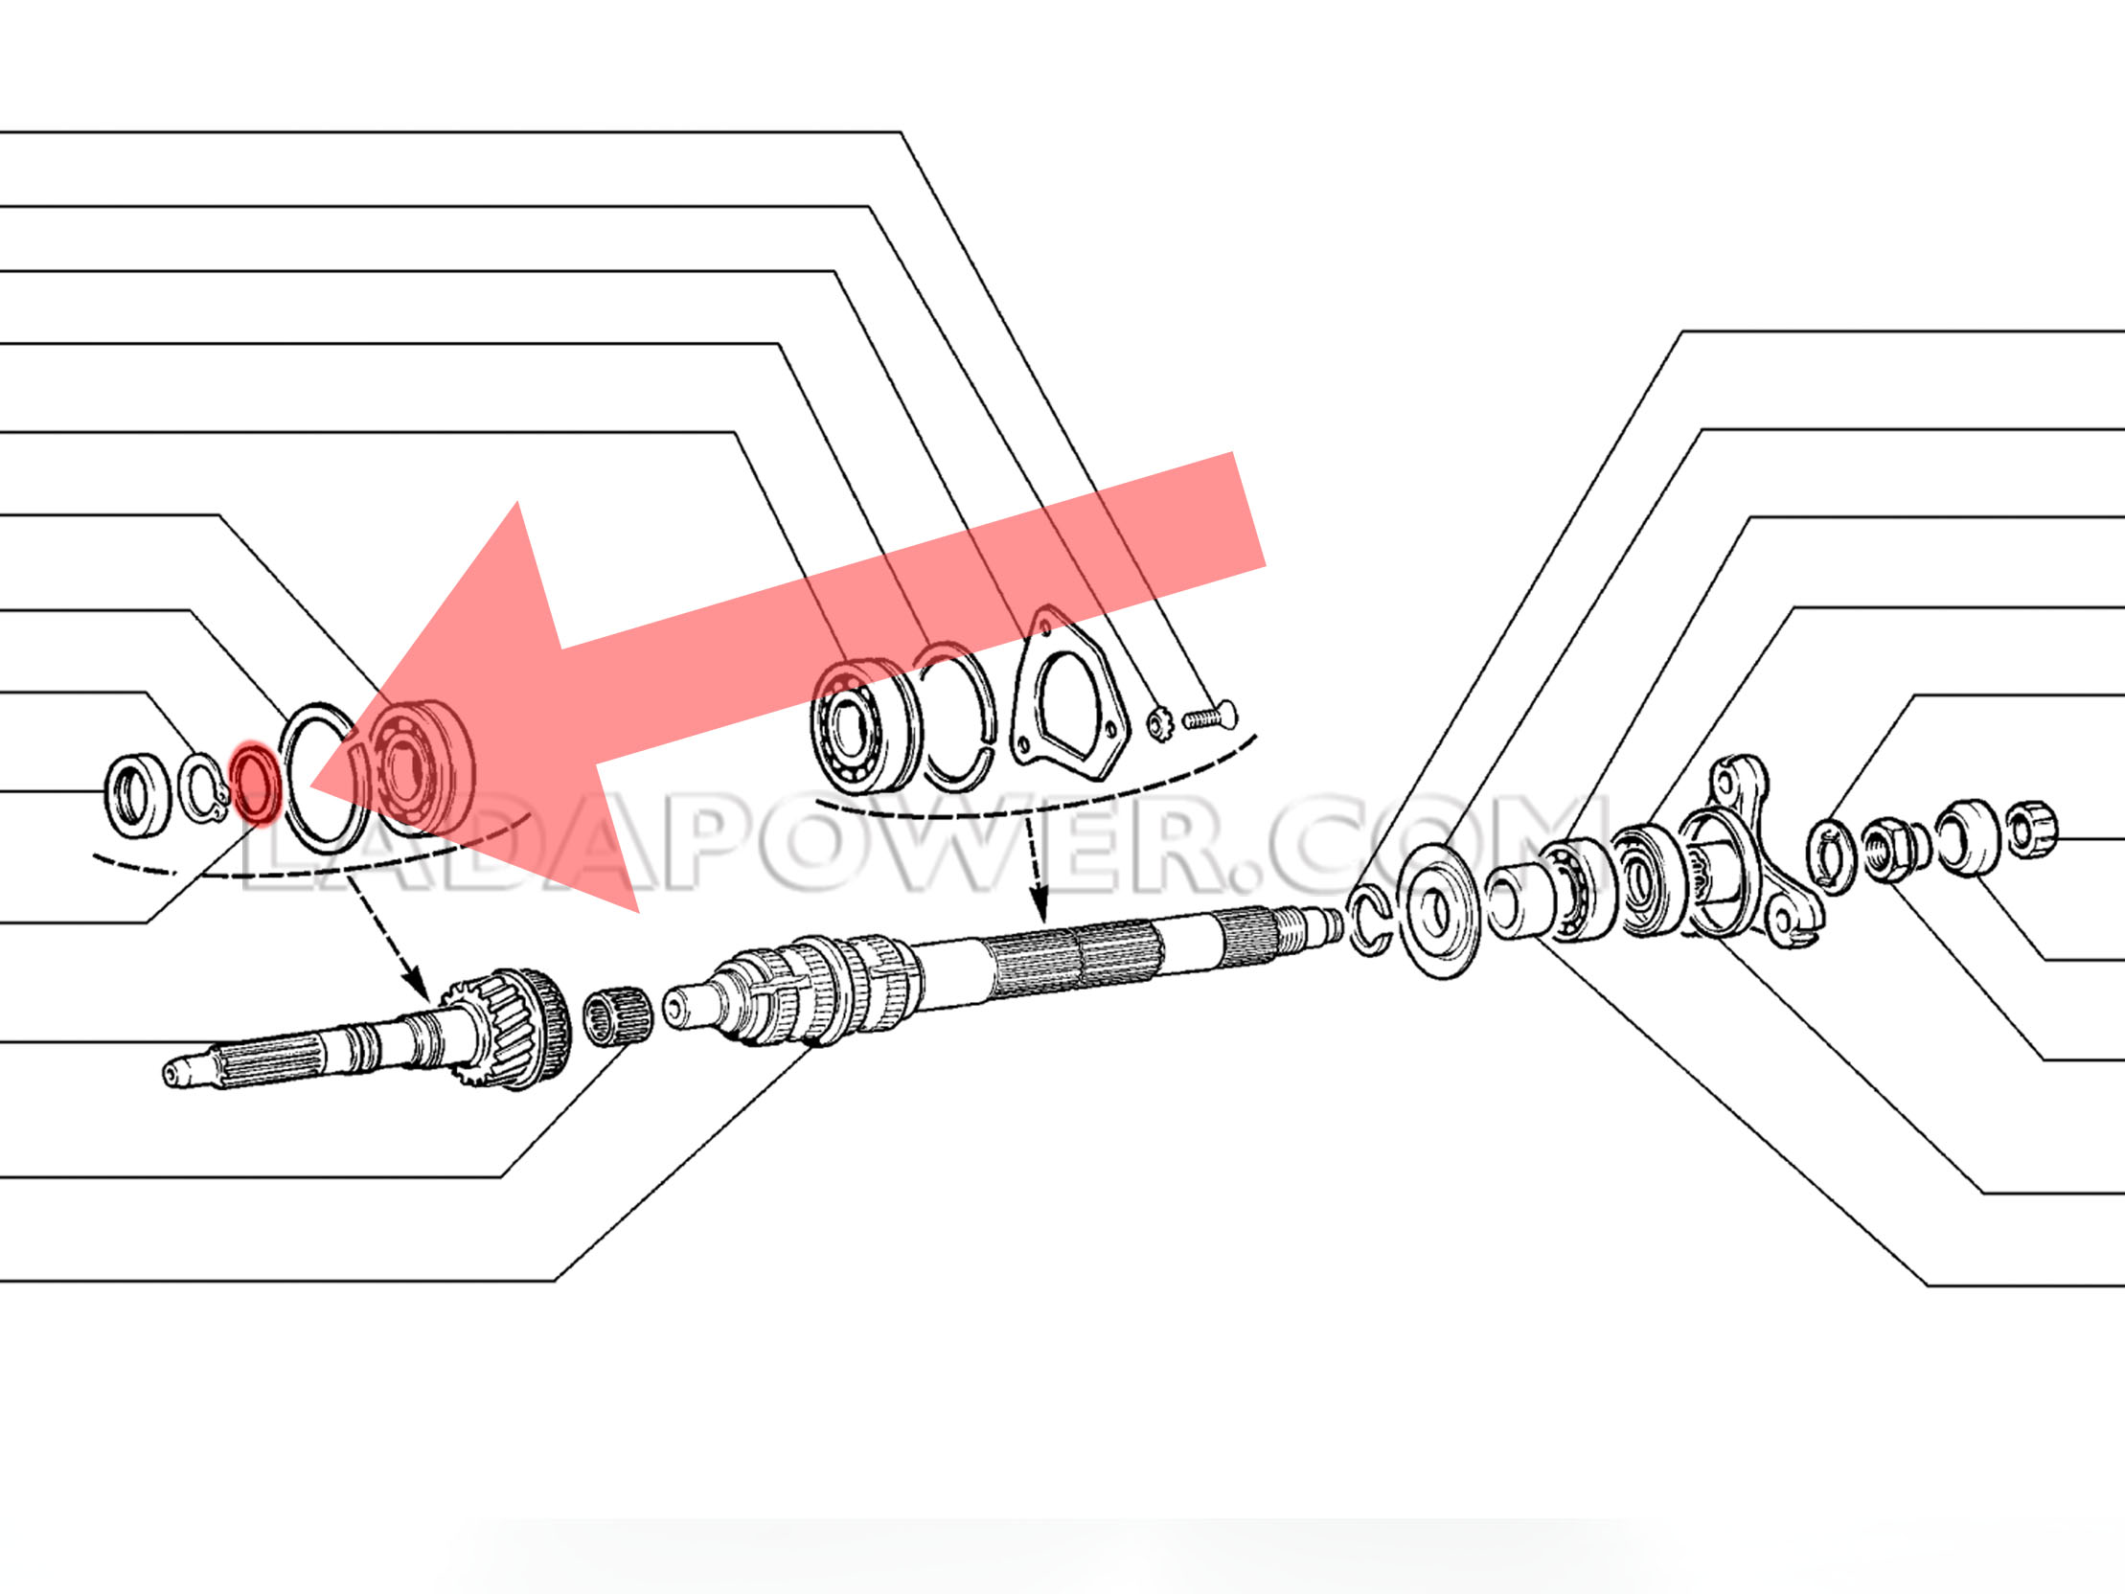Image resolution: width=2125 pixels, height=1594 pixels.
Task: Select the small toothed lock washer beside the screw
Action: click(x=1158, y=723)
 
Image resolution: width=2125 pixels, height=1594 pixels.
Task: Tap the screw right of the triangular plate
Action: click(x=1209, y=716)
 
